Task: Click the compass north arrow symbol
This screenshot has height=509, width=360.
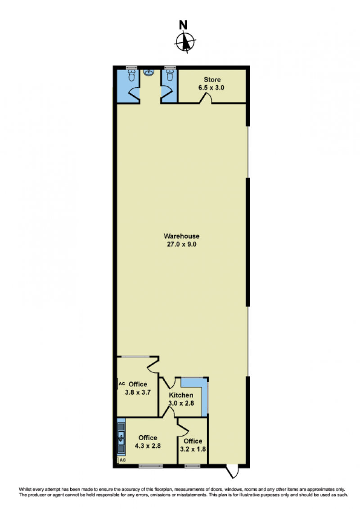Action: [185, 42]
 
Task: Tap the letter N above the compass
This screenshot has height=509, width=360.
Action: [184, 25]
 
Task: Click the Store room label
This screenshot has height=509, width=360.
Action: [212, 80]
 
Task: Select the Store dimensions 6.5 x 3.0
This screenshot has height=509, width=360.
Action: [211, 88]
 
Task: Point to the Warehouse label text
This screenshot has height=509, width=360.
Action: [182, 237]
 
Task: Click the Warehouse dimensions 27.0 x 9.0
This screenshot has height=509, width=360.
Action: [182, 245]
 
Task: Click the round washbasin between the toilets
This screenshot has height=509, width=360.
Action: [149, 72]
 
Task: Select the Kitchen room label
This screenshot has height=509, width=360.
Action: [181, 395]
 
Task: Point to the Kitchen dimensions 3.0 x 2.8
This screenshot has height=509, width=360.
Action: [181, 403]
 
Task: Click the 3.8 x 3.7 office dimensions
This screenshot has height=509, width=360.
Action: [138, 392]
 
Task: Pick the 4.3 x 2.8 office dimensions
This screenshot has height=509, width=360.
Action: [148, 446]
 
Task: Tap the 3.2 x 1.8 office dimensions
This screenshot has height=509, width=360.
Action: [193, 449]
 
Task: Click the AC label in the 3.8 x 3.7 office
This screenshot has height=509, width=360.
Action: [122, 384]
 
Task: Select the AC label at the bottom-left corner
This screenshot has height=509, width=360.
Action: [123, 460]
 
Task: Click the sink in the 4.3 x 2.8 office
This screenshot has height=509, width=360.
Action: [121, 437]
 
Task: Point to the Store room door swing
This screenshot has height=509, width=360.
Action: [206, 98]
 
